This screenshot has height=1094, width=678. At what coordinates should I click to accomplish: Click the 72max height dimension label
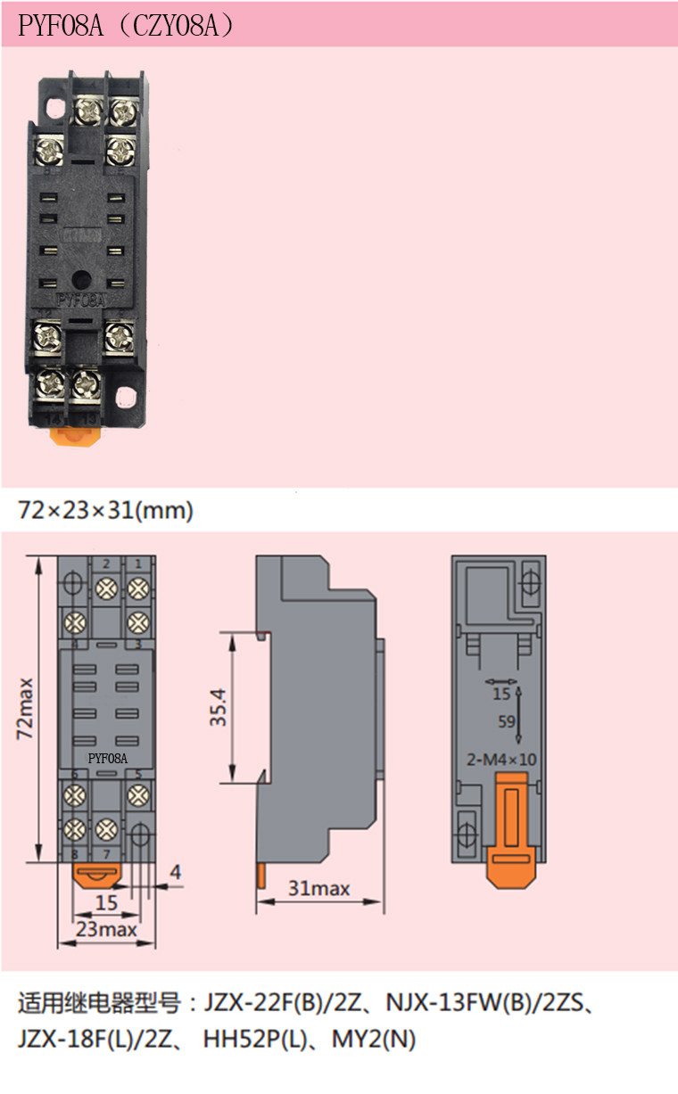(24, 708)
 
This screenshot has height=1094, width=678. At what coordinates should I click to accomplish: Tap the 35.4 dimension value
(218, 707)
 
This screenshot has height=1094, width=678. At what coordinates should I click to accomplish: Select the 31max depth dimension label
(318, 888)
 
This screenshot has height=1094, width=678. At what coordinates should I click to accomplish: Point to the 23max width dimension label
(106, 929)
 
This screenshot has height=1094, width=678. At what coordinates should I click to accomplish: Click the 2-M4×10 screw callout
(501, 760)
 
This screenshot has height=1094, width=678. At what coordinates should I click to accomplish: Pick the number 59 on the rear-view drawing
(507, 721)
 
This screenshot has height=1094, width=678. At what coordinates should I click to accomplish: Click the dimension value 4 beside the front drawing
(176, 872)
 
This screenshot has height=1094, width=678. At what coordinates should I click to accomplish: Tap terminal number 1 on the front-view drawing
(138, 563)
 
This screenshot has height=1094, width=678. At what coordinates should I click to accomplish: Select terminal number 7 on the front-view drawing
(106, 854)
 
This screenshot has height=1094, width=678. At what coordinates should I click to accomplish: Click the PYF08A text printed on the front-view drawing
(108, 758)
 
